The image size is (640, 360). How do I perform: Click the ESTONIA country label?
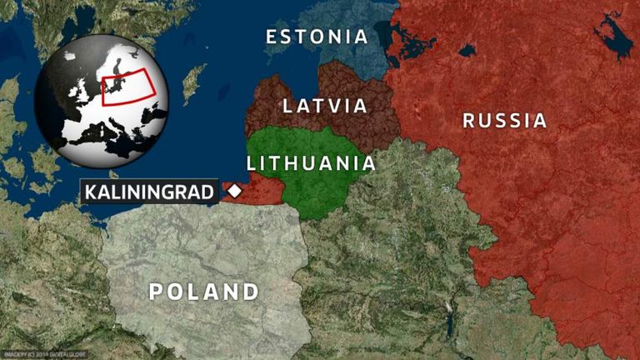[x=317, y=37]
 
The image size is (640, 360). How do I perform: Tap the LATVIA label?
[x=325, y=106]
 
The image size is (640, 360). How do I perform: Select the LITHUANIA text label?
[x=311, y=162]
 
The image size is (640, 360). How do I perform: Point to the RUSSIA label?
[x=505, y=120]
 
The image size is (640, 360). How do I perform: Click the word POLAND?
[x=204, y=292]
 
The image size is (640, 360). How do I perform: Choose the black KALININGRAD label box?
[x=150, y=192]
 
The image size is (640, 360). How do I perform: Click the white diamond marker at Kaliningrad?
[x=235, y=192]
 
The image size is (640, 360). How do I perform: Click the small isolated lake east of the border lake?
[x=467, y=50]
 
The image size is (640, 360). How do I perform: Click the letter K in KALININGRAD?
[x=89, y=192]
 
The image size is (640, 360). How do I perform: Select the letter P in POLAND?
[x=156, y=292]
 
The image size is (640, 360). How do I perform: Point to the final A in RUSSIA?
[x=540, y=120]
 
